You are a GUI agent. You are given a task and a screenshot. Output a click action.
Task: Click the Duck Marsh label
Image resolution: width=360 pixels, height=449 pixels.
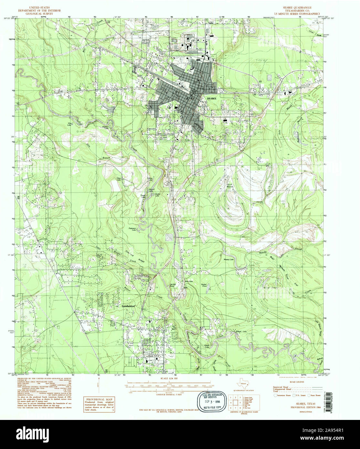(229, 186)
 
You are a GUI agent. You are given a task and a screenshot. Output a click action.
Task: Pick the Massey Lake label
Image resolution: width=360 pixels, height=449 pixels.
(228, 259)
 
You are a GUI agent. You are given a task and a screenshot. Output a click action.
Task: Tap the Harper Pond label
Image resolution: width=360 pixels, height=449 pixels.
(204, 286)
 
